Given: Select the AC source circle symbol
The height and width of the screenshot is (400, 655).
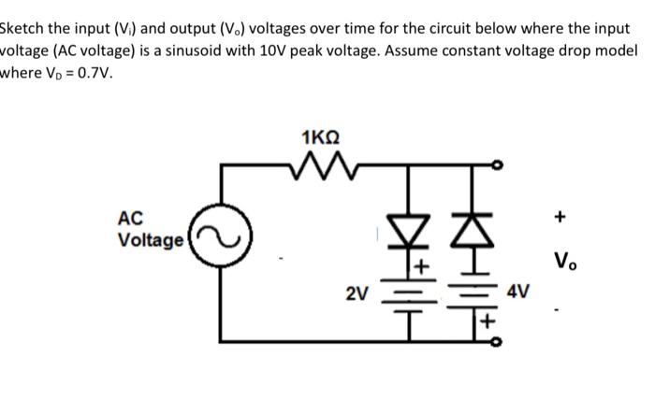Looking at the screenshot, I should [x=222, y=246].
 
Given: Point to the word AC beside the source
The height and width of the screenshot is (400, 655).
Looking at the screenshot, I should [x=131, y=219].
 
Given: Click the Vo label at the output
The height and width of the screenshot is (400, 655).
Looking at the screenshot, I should [x=562, y=261].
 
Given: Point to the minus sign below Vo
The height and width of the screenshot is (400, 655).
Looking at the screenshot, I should [x=560, y=307].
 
